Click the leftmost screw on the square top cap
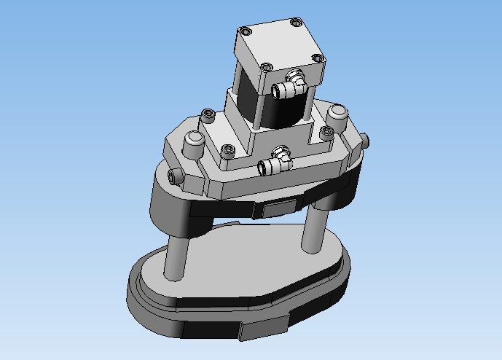(246, 31)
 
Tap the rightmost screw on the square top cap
(317, 56)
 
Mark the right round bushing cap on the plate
(336, 113)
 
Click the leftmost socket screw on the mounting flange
(208, 114)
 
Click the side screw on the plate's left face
(175, 176)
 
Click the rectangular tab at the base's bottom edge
(262, 330)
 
